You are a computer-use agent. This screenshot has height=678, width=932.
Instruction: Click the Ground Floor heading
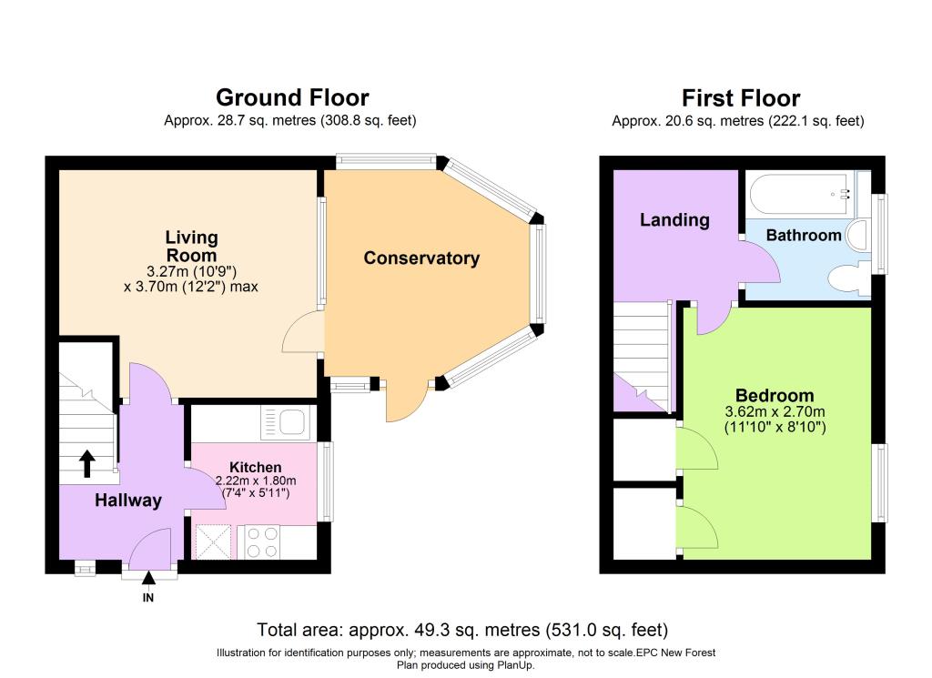(x=292, y=97)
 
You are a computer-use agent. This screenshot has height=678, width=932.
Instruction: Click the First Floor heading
(x=741, y=98)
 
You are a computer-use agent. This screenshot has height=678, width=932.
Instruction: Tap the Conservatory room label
(x=421, y=258)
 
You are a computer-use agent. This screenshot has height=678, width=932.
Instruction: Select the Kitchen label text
(x=256, y=467)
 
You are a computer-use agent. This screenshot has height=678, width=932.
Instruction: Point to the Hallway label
(x=128, y=501)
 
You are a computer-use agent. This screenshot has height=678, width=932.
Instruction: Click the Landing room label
(x=674, y=220)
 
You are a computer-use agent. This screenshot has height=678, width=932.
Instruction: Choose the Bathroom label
(x=804, y=236)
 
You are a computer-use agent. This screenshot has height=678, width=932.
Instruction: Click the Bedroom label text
(x=775, y=395)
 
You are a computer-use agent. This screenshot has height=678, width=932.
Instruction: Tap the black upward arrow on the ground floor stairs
(x=87, y=463)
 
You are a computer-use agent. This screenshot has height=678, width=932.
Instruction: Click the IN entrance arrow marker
(x=148, y=578)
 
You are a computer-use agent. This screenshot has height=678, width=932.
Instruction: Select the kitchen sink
(x=285, y=423)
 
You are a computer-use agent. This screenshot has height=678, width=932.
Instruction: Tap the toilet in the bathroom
(x=848, y=280)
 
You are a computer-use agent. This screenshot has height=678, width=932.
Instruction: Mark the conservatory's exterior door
(x=407, y=404)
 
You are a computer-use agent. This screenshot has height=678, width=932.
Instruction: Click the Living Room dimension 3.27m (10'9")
(x=191, y=271)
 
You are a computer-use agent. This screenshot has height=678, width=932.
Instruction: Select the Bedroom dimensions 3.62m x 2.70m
(x=775, y=411)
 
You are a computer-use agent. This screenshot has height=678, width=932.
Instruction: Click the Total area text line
(x=462, y=630)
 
